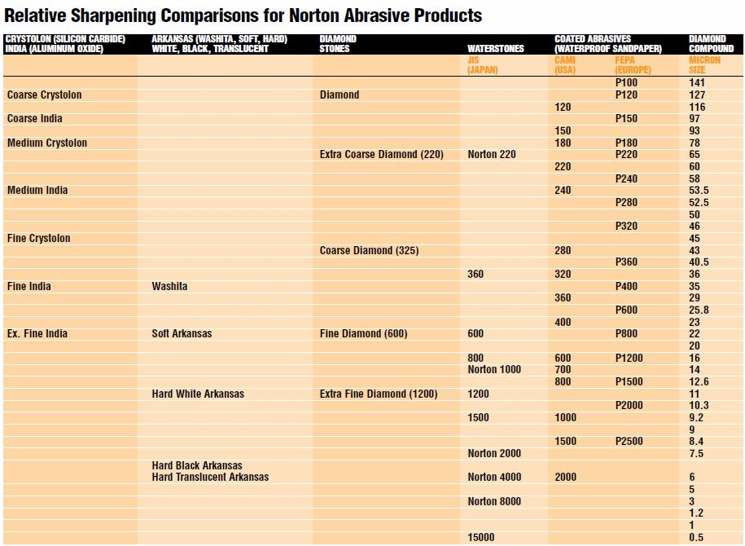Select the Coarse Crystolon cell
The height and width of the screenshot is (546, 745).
pyautogui.click(x=44, y=95)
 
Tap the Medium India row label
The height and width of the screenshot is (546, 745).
pyautogui.click(x=37, y=191)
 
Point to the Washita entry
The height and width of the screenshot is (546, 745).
pyautogui.click(x=169, y=286)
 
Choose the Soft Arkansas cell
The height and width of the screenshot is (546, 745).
pyautogui.click(x=182, y=334)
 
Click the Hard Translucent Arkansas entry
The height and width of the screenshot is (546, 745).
pyautogui.click(x=210, y=477)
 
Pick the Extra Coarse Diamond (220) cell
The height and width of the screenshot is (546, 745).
pyautogui.click(x=381, y=155)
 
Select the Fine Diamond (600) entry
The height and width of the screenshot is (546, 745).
pyautogui.click(x=363, y=334)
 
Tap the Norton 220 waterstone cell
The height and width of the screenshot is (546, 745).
pyautogui.click(x=492, y=155)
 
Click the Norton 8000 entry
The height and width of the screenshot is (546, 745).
pyautogui.click(x=494, y=501)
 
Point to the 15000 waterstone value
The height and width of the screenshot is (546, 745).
pyautogui.click(x=480, y=537)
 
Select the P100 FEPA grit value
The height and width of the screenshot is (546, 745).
pyautogui.click(x=626, y=83)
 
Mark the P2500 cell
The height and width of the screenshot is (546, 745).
pyautogui.click(x=629, y=442)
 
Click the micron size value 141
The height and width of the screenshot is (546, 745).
pyautogui.click(x=697, y=83)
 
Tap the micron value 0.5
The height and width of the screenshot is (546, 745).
pyautogui.click(x=696, y=537)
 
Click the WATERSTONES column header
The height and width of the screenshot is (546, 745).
pyautogui.click(x=495, y=49)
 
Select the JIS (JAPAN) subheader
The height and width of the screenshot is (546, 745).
pyautogui.click(x=483, y=64)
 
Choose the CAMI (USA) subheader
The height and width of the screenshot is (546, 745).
pyautogui.click(x=566, y=64)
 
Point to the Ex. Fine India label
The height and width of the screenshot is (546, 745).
pyautogui.click(x=37, y=334)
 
